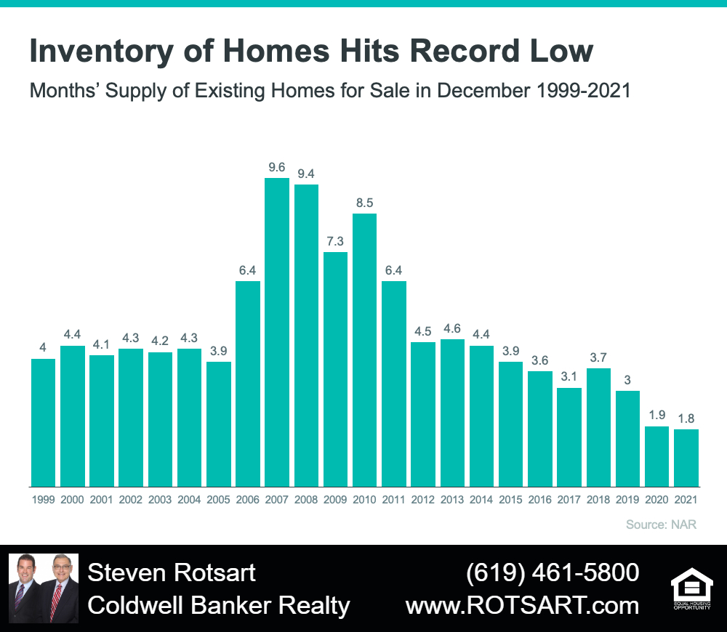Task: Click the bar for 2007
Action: tap(277, 332)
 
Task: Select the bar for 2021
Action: tap(686, 458)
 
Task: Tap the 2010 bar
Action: tap(364, 350)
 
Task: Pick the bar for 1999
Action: tap(43, 423)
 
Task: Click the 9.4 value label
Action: tap(306, 174)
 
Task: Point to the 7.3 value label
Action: tap(335, 241)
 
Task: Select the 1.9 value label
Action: tap(657, 415)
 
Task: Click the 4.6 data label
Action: tap(452, 328)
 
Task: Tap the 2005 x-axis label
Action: tap(218, 500)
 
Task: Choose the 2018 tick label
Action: tap(598, 500)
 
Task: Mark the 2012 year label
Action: tap(423, 500)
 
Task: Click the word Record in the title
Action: tap(465, 51)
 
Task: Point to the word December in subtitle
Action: tap(483, 90)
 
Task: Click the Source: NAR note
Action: tap(661, 524)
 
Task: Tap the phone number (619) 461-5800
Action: tap(553, 572)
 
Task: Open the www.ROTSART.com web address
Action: tap(523, 606)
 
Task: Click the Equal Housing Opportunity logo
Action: tap(692, 588)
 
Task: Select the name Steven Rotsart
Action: tap(172, 572)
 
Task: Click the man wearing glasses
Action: tap(60, 588)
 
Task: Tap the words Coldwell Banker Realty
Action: tap(219, 606)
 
